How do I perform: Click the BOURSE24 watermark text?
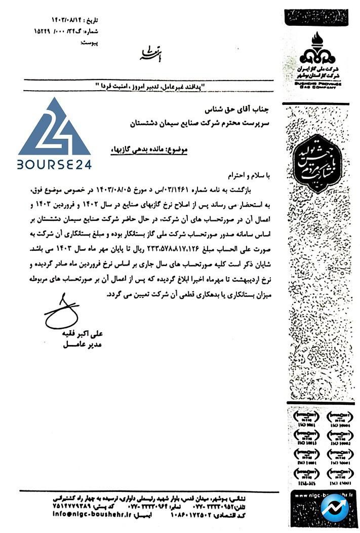(55, 165)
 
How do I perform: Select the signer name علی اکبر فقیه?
(81, 335)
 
